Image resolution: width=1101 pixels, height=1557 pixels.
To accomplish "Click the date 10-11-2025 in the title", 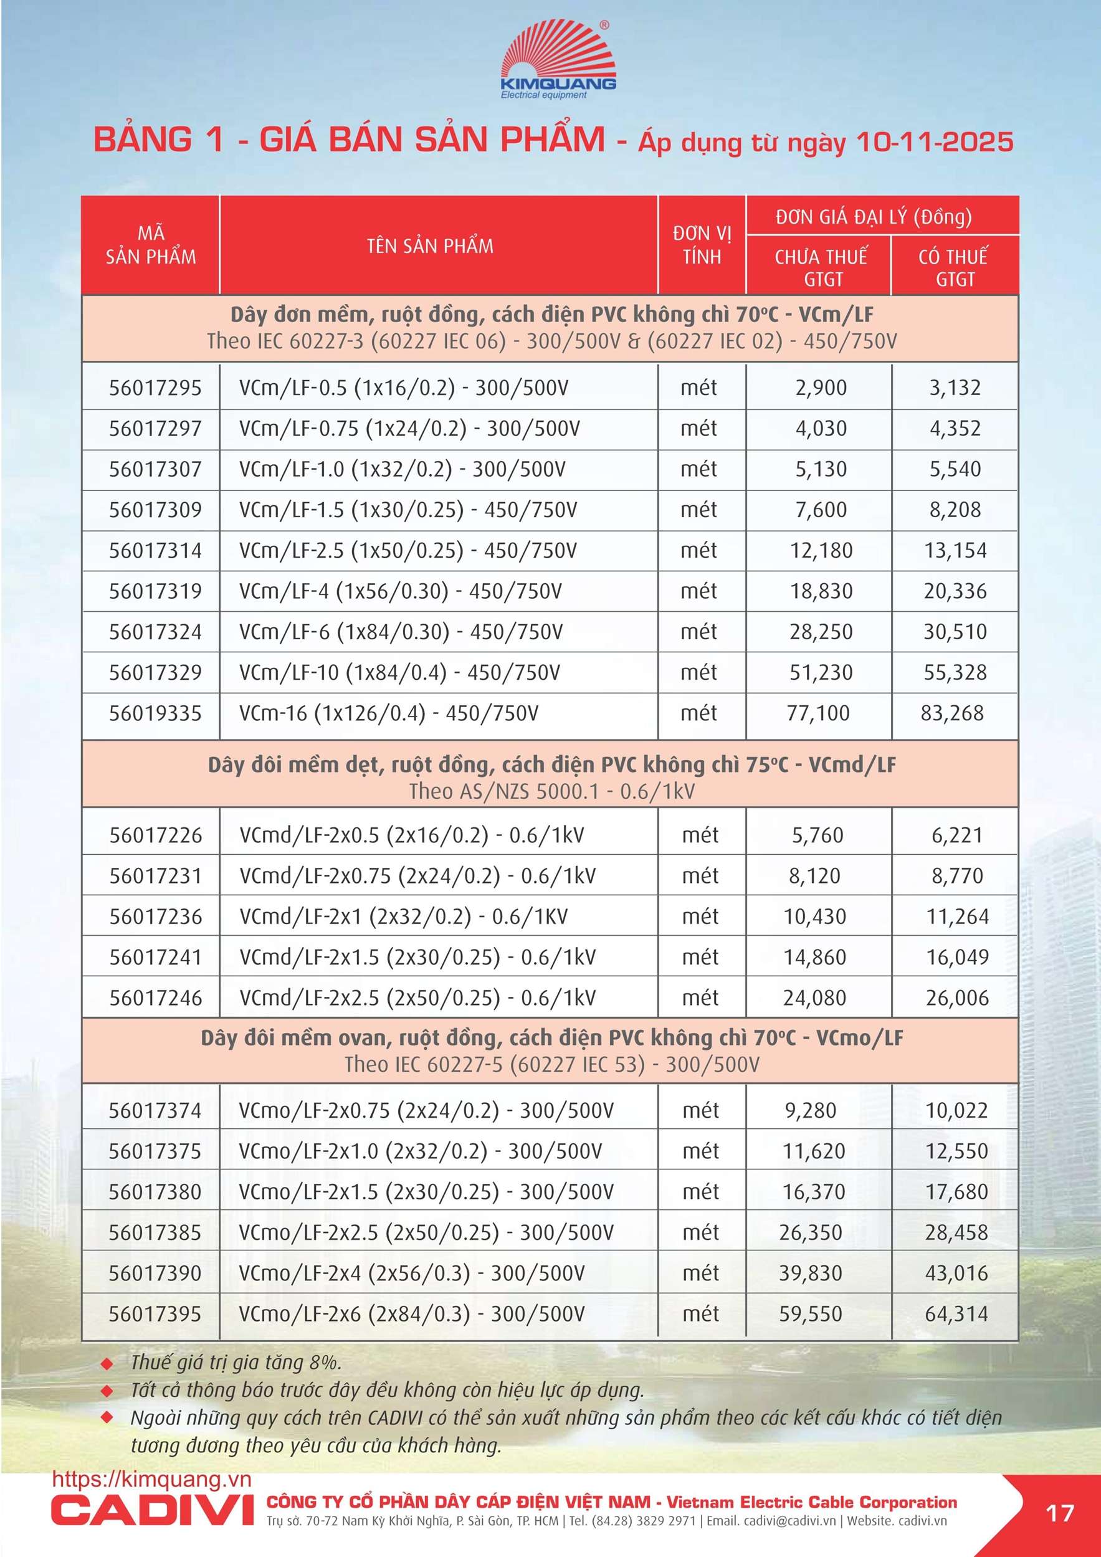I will point(934,141).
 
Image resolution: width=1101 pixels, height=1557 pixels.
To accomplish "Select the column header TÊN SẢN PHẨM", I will point(430,245).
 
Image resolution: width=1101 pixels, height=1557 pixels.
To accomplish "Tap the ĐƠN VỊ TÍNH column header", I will point(702,245).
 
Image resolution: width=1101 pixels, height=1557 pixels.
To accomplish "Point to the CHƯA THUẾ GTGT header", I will point(821,267).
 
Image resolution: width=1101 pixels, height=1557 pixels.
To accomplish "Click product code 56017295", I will point(155,388).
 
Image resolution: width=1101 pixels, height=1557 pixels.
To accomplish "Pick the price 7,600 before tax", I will point(821,510).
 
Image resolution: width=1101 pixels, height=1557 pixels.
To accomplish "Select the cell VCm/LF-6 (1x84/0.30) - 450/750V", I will point(401,632).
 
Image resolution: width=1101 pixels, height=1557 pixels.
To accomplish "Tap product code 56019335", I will point(155,713).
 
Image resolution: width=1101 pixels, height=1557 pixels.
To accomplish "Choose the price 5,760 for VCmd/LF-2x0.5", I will point(817,836).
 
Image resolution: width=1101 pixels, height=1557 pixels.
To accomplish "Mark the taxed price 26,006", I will point(956,998).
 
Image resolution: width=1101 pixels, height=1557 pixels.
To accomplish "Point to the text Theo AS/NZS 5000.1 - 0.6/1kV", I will point(551,791).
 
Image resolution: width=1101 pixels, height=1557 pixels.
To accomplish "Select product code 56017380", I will point(155,1192).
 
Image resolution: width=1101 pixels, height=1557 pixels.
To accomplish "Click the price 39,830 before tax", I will point(810,1274).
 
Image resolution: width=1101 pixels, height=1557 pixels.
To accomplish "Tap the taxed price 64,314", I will point(956,1314).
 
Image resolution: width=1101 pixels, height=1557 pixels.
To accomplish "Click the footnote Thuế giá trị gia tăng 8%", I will point(236,1363).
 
